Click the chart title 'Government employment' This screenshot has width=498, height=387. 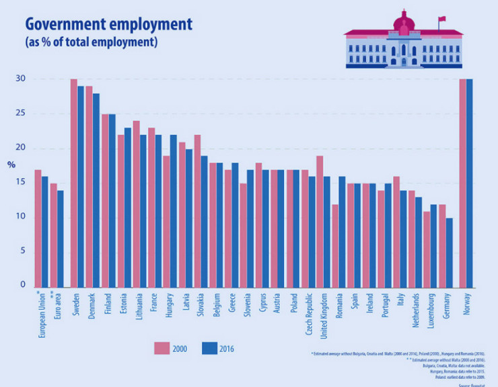108,24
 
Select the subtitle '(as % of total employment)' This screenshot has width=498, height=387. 91,42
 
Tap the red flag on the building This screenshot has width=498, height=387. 442,19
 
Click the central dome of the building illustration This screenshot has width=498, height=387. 404,23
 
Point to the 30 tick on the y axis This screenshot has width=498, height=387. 21,79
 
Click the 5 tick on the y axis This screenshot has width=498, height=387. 23,251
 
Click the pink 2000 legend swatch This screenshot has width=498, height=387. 162,347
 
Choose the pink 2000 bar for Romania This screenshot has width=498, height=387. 334,245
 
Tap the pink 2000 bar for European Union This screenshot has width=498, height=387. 38,228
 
